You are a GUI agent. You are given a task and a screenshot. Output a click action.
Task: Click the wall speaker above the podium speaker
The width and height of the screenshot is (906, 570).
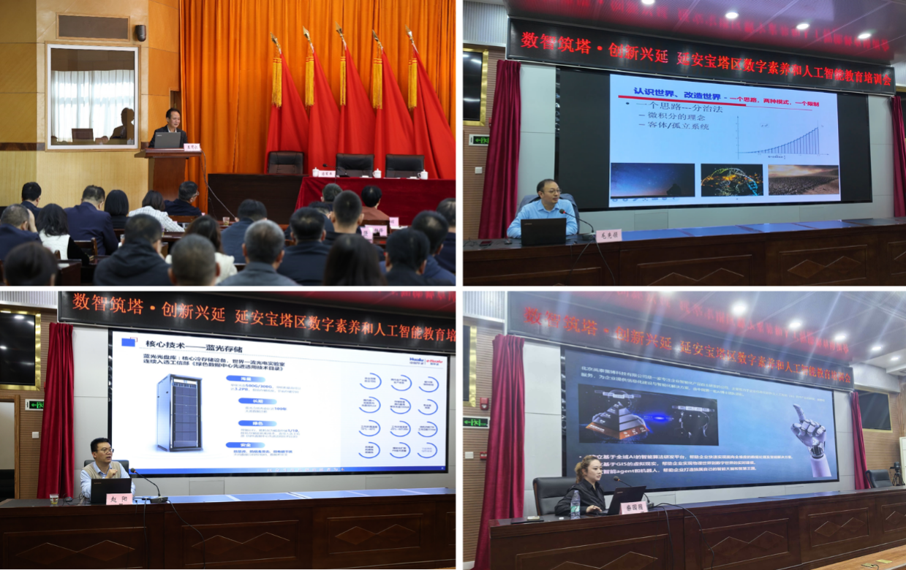point(140,33)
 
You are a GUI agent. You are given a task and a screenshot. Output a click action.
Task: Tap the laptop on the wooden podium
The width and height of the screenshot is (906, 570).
point(167,140)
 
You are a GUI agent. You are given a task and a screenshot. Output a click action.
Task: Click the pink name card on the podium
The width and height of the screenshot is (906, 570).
point(192,147)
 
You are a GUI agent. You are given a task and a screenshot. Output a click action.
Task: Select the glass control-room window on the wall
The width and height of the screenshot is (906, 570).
point(92,96)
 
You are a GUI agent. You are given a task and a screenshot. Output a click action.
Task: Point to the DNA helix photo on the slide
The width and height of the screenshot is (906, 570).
point(731,180)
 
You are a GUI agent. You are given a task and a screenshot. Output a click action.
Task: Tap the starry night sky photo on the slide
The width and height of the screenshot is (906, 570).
point(652,180)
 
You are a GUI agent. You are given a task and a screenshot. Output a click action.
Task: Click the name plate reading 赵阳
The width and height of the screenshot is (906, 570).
point(120,498)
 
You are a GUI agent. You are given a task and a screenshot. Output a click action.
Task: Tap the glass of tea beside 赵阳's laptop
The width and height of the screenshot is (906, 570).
point(54,499)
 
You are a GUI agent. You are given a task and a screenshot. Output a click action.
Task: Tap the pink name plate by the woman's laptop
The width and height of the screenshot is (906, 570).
point(633,507)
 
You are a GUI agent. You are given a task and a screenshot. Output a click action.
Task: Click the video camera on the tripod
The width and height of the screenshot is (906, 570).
point(896,468)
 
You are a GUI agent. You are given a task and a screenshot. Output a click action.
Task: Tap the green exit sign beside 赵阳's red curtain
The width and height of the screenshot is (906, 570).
point(34,404)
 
